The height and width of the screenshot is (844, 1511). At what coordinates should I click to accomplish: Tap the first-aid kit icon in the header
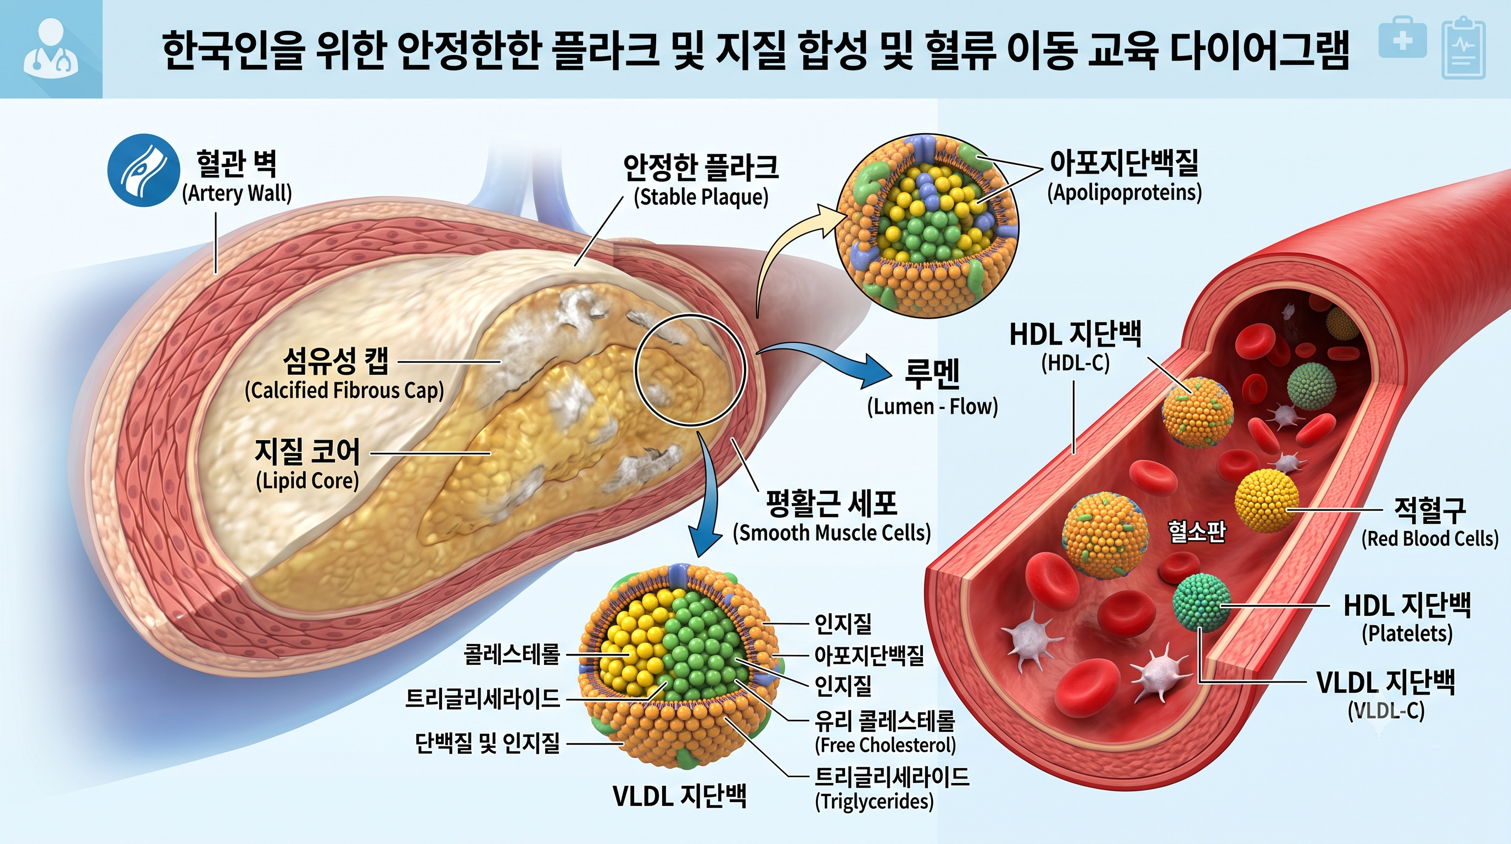tap(1402, 37)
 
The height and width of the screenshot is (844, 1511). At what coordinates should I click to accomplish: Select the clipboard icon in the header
tap(1463, 48)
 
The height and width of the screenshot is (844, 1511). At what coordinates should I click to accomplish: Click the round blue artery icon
tap(143, 170)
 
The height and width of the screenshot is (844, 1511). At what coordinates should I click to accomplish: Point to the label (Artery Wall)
tap(237, 193)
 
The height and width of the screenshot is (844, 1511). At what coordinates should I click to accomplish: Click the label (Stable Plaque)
tap(701, 197)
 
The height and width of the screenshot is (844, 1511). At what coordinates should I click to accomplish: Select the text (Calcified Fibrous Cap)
tap(344, 390)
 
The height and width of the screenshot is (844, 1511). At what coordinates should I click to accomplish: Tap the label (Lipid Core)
tap(307, 481)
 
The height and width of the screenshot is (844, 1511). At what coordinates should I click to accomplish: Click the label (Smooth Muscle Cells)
tap(832, 533)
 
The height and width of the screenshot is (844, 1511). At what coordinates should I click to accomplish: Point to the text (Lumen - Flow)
tap(933, 407)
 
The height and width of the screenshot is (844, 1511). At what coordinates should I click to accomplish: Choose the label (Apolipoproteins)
tap(1124, 192)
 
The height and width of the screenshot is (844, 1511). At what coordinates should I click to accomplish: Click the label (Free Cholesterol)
tap(886, 746)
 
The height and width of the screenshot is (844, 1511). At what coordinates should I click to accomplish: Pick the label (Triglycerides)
tap(875, 802)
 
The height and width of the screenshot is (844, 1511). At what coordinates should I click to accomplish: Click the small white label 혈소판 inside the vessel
tap(1196, 531)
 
